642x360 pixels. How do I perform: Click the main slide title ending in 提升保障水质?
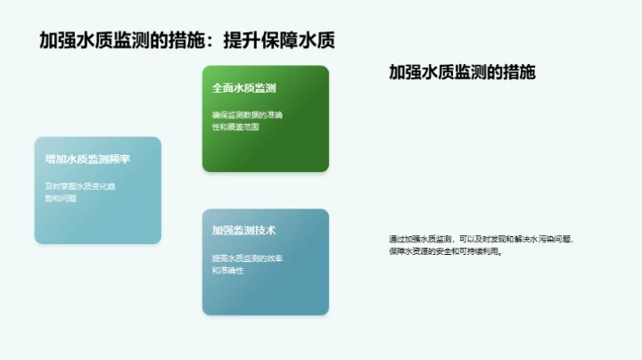(187, 40)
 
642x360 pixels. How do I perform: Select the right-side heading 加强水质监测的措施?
(462, 73)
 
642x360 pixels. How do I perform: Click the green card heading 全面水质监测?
(244, 88)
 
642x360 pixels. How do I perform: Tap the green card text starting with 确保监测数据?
(246, 115)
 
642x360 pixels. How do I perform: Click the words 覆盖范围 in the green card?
(243, 127)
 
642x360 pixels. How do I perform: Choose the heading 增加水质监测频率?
(87, 160)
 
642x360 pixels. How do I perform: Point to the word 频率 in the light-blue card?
(120, 160)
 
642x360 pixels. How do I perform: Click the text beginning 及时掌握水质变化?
(80, 186)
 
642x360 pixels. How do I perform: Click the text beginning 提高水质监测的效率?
(247, 258)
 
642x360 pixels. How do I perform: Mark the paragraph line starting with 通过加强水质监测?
(481, 239)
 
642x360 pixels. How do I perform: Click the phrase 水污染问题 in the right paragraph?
(550, 239)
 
